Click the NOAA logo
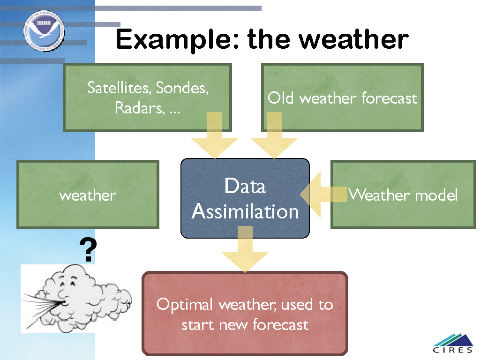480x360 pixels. [x=44, y=30]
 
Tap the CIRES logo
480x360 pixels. [x=453, y=344]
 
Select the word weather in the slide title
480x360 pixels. [x=353, y=39]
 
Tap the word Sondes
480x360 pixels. [x=182, y=88]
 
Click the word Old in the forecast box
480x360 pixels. [x=281, y=98]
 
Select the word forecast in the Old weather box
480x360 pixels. [x=390, y=98]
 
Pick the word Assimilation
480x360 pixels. [x=245, y=211]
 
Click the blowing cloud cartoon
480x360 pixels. [x=76, y=299]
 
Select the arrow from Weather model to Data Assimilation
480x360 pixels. [x=323, y=195]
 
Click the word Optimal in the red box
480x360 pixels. [x=185, y=305]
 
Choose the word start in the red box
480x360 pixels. [x=198, y=325]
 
